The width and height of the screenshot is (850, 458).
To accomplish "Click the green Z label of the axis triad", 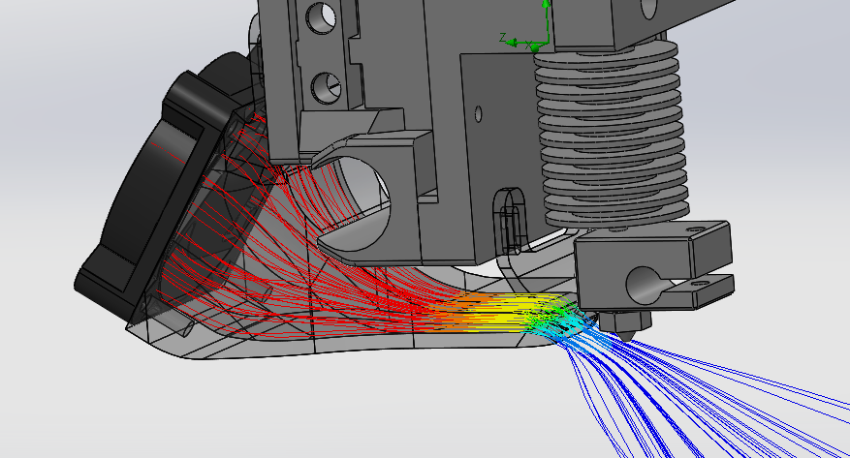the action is (504, 38).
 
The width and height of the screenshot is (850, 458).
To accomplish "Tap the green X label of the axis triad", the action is (528, 46).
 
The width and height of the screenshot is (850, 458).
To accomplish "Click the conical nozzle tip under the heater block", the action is (626, 335).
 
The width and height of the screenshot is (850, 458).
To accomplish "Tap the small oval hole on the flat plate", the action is (478, 113).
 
